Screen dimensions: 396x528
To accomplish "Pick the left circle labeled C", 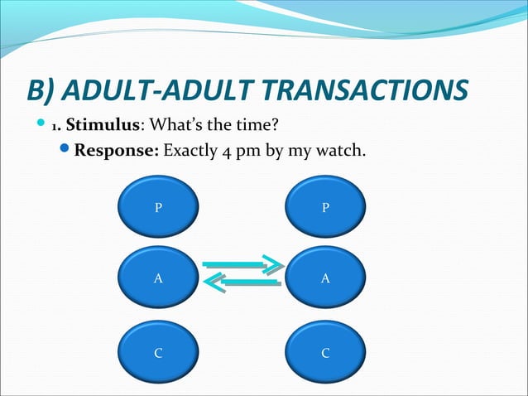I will pyautogui.click(x=158, y=353).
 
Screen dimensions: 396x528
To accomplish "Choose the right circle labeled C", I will pyautogui.click(x=325, y=353).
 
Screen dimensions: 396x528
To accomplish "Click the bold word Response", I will pyautogui.click(x=117, y=152).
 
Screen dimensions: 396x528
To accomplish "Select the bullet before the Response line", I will pyautogui.click(x=67, y=152).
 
